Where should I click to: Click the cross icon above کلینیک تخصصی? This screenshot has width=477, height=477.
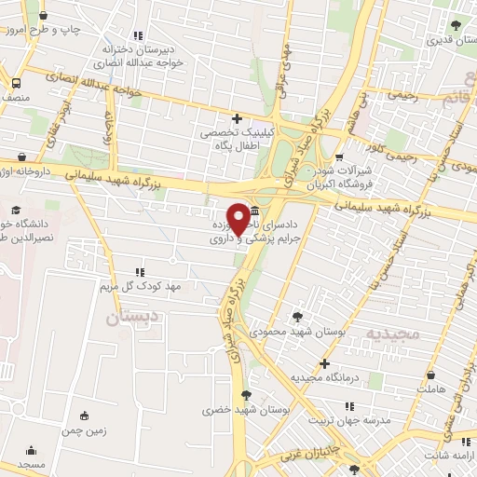click(x=237, y=118)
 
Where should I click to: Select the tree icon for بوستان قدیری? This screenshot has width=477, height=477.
click(x=455, y=26)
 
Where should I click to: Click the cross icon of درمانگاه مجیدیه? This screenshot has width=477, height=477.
click(x=324, y=363)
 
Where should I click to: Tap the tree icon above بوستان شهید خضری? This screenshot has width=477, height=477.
click(x=246, y=394)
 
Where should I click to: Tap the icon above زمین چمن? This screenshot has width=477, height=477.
click(x=85, y=416)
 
